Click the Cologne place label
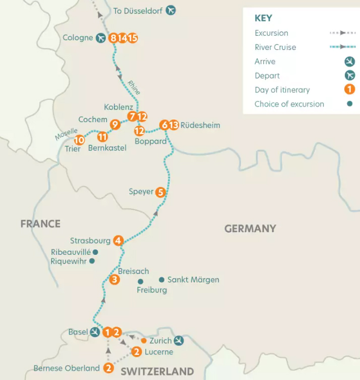point(78,38)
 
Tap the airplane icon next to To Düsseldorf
point(171,10)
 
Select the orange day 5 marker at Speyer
point(160,192)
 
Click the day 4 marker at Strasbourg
point(118,241)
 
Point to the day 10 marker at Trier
point(79,140)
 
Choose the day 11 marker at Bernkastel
point(102,136)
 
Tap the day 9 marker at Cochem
point(115,124)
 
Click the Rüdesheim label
point(200,125)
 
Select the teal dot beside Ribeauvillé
point(95,252)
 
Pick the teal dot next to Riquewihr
point(92,261)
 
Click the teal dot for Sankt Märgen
point(161,280)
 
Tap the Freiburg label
point(152,290)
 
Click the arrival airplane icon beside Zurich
point(178,341)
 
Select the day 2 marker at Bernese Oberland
point(108,368)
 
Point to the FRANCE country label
point(40,224)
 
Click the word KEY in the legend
point(263,18)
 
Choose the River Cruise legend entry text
point(275,47)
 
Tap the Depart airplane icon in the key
point(349,76)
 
